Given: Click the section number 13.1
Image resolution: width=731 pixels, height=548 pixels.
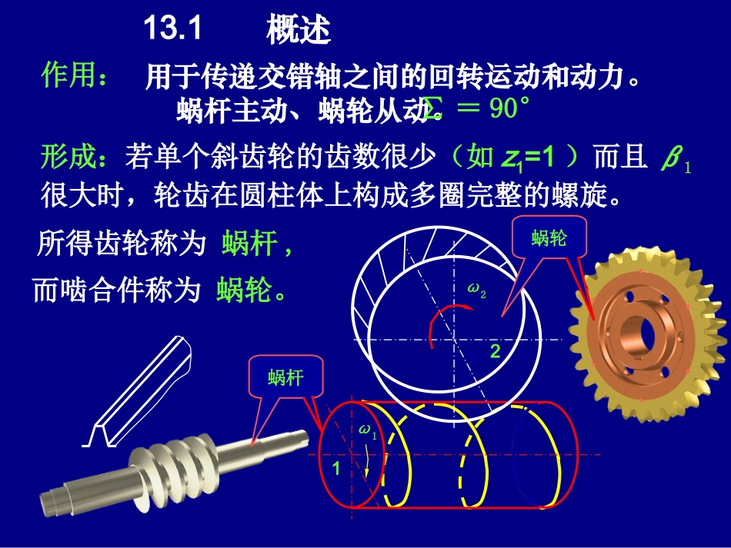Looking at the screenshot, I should (x=172, y=30).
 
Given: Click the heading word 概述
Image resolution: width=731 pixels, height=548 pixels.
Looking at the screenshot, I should (x=298, y=31).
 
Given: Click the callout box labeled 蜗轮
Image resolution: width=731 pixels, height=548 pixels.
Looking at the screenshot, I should (x=549, y=238).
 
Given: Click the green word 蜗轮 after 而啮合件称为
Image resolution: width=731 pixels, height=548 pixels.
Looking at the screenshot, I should (x=243, y=291).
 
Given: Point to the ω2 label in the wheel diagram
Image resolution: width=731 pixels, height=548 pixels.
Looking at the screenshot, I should (x=477, y=290).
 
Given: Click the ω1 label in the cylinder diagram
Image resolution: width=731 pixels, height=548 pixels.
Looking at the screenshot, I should (x=368, y=431).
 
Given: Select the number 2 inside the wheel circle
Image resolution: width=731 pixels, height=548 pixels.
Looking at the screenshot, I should (x=496, y=352).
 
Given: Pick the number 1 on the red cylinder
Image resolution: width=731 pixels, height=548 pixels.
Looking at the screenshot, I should (x=335, y=467).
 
